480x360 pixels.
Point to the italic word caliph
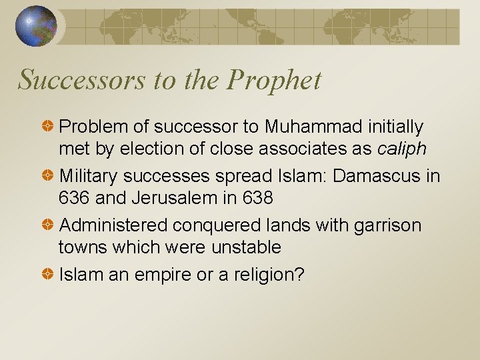pos(401,149)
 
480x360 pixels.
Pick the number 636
pos(73,198)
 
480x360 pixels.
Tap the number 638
pos(257,198)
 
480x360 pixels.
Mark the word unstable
pos(247,247)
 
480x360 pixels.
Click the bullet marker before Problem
pos(49,126)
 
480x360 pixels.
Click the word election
pos(156,149)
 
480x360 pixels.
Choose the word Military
pos(89,176)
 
